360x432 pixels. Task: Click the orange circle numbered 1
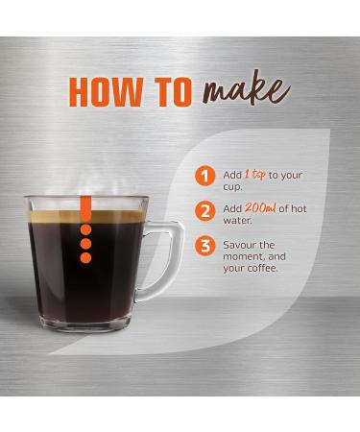203,177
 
